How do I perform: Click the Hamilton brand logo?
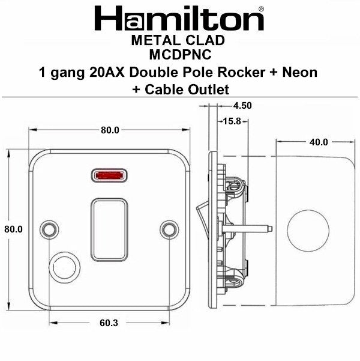coord(178,19)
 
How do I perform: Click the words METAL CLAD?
coord(178,40)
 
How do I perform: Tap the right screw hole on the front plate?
coord(170,229)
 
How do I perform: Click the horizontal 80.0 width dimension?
coord(110,130)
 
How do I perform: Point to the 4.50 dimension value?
coord(240,105)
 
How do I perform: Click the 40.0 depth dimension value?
coord(318,142)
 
